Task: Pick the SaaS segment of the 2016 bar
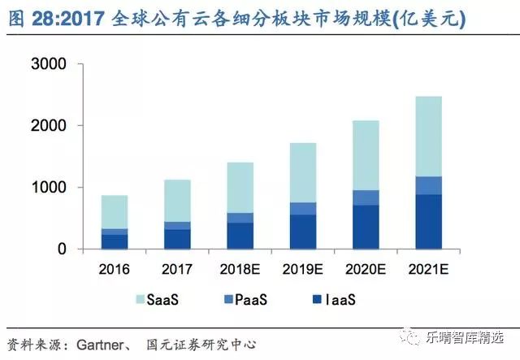pyautogui.click(x=115, y=212)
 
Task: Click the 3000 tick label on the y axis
pyautogui.click(x=52, y=64)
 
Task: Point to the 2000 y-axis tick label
pyautogui.click(x=52, y=126)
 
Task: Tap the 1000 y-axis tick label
pyautogui.click(x=52, y=188)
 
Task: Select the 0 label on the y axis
pyautogui.click(x=61, y=249)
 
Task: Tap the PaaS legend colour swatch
pyautogui.click(x=229, y=301)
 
